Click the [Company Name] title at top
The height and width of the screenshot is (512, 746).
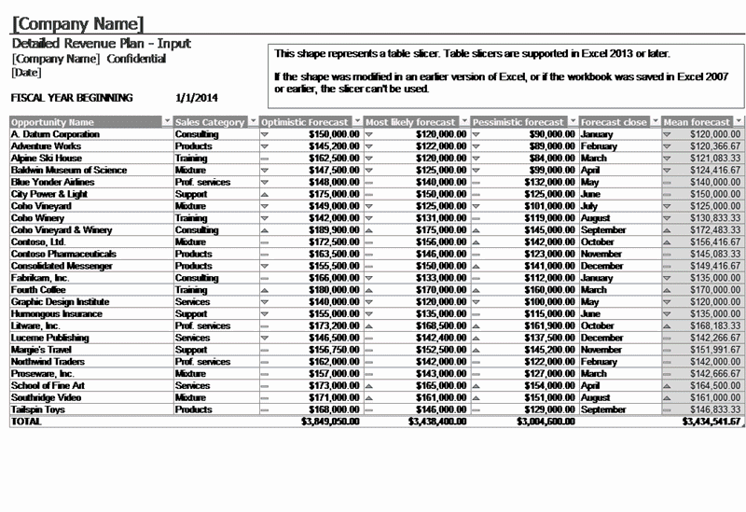point(79,22)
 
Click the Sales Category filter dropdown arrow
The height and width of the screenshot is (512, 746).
point(252,122)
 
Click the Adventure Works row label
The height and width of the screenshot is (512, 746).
point(46,146)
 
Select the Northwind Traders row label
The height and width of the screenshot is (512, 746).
point(48,362)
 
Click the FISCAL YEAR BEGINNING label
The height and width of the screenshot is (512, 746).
point(72,97)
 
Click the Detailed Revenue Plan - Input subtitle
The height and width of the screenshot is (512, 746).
point(101,44)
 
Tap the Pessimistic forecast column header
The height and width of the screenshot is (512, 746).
point(518,122)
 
